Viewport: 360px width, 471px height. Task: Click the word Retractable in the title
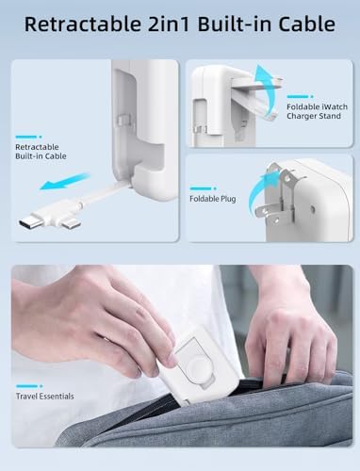pyautogui.click(x=83, y=24)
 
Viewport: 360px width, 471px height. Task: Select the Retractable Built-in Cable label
pyautogui.click(x=41, y=152)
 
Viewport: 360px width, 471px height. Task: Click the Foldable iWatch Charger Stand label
pyautogui.click(x=317, y=111)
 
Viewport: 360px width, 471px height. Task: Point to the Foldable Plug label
pyautogui.click(x=213, y=199)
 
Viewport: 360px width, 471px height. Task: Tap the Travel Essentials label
pyautogui.click(x=45, y=397)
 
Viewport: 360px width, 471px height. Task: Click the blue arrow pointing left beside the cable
pyautogui.click(x=65, y=182)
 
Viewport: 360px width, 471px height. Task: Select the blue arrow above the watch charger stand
pyautogui.click(x=267, y=91)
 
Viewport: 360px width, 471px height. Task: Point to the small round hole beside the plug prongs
pyautogui.click(x=313, y=208)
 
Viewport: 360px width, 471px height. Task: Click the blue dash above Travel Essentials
pyautogui.click(x=29, y=386)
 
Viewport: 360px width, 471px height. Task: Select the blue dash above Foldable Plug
pyautogui.click(x=204, y=188)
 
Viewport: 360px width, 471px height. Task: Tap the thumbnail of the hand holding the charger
pyautogui.click(x=182, y=356)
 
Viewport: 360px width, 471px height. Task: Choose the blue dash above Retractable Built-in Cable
pyautogui.click(x=28, y=137)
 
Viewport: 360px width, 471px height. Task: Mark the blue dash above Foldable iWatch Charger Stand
pyautogui.click(x=300, y=96)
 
